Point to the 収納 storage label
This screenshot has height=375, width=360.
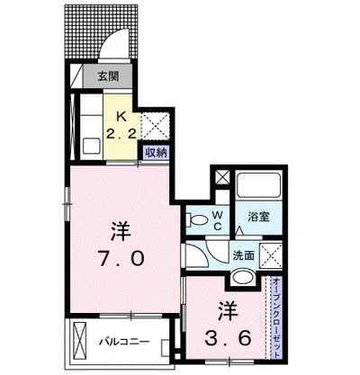[154, 154]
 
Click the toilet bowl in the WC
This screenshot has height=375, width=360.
[195, 218]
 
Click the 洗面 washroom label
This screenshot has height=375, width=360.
[244, 255]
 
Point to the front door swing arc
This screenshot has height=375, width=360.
[117, 40]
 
